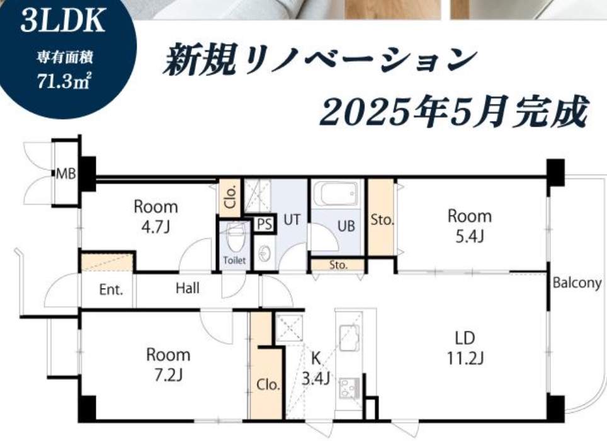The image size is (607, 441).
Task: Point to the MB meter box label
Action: coord(66,174)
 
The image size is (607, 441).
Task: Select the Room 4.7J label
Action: coord(156,217)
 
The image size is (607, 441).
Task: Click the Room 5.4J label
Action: coord(470,226)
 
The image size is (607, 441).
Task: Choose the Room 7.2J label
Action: coord(168,365)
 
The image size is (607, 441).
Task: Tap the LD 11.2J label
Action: coord(465,348)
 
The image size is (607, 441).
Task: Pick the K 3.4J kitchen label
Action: coord(316,369)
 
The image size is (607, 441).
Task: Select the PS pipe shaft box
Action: coord(265,224)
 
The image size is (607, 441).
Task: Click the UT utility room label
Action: coord(292,219)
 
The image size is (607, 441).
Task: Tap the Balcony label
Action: coord(577,283)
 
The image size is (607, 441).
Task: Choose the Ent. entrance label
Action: coord(111,289)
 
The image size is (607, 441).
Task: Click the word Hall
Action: coord(188,288)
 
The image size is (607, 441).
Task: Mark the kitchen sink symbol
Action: coord(349,338)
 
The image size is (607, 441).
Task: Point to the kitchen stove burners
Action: coord(349,388)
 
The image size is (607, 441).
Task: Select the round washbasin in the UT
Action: coord(264,254)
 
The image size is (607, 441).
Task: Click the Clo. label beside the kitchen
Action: coord(268,384)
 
